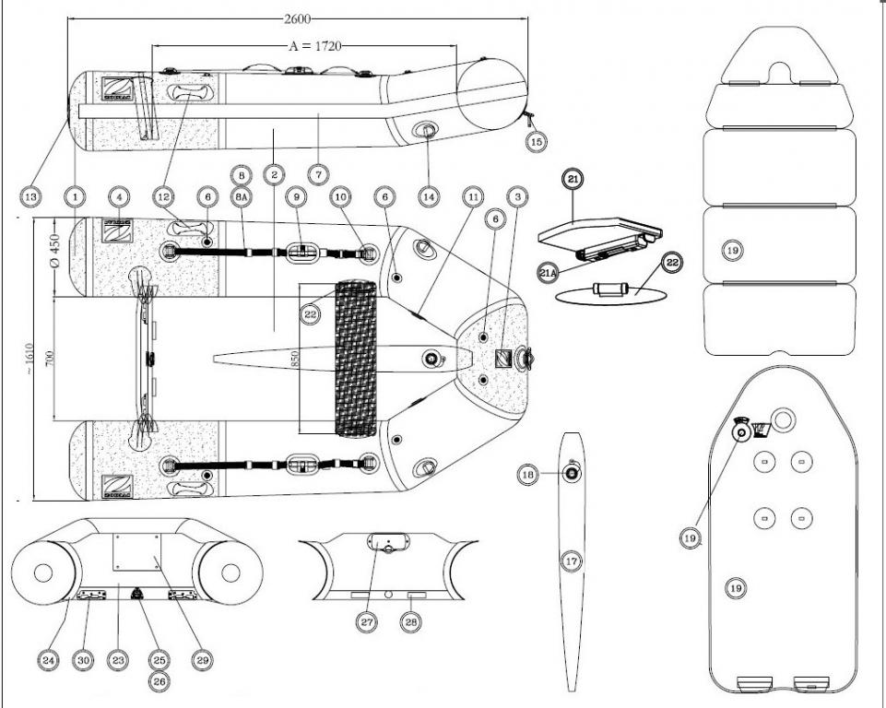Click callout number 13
32,195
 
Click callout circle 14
428,195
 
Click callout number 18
528,474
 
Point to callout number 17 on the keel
572,560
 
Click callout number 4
118,196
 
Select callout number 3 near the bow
520,196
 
